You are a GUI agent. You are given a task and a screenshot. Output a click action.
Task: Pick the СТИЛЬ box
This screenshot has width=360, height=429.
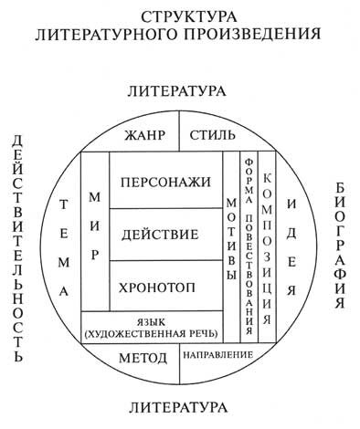pyautogui.click(x=212, y=136)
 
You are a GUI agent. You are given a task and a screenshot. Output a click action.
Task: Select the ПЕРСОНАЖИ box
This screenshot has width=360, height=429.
pyautogui.click(x=164, y=182)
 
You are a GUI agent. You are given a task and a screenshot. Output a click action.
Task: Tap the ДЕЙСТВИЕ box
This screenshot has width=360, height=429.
pyautogui.click(x=164, y=235)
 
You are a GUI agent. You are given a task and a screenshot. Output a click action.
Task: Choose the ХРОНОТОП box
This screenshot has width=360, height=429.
pyautogui.click(x=164, y=287)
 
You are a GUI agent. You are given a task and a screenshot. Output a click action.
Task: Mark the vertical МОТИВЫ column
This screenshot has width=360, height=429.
pyautogui.click(x=229, y=241)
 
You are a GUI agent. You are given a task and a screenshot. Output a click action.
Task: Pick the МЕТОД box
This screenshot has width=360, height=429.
pyautogui.click(x=143, y=358)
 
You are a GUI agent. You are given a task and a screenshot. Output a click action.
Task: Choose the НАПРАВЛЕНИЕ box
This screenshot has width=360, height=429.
pyautogui.click(x=212, y=354)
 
